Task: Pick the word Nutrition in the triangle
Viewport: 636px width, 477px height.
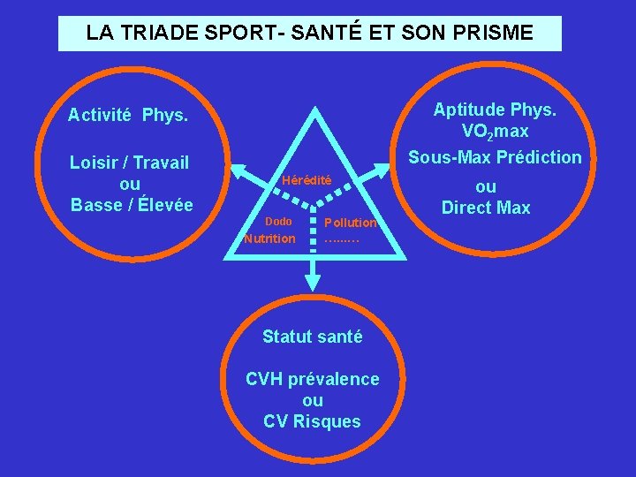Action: coord(270,238)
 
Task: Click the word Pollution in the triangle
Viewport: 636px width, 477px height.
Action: coord(350,222)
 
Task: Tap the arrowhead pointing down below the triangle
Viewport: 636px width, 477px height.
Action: coord(312,283)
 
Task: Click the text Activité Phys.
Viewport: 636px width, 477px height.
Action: coord(128,115)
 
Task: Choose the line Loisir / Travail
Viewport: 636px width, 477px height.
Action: coord(130,163)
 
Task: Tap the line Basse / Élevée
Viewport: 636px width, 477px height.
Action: coord(131,204)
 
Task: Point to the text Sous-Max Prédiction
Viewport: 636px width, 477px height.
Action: coord(495,157)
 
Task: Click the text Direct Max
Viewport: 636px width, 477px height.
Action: coord(487,208)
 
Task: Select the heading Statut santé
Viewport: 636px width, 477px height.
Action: coord(313,337)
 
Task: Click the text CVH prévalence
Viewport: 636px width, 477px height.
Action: coord(313,379)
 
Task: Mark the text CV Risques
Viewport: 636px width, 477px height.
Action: coord(313,421)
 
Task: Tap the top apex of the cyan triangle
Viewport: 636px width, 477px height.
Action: coord(312,116)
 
